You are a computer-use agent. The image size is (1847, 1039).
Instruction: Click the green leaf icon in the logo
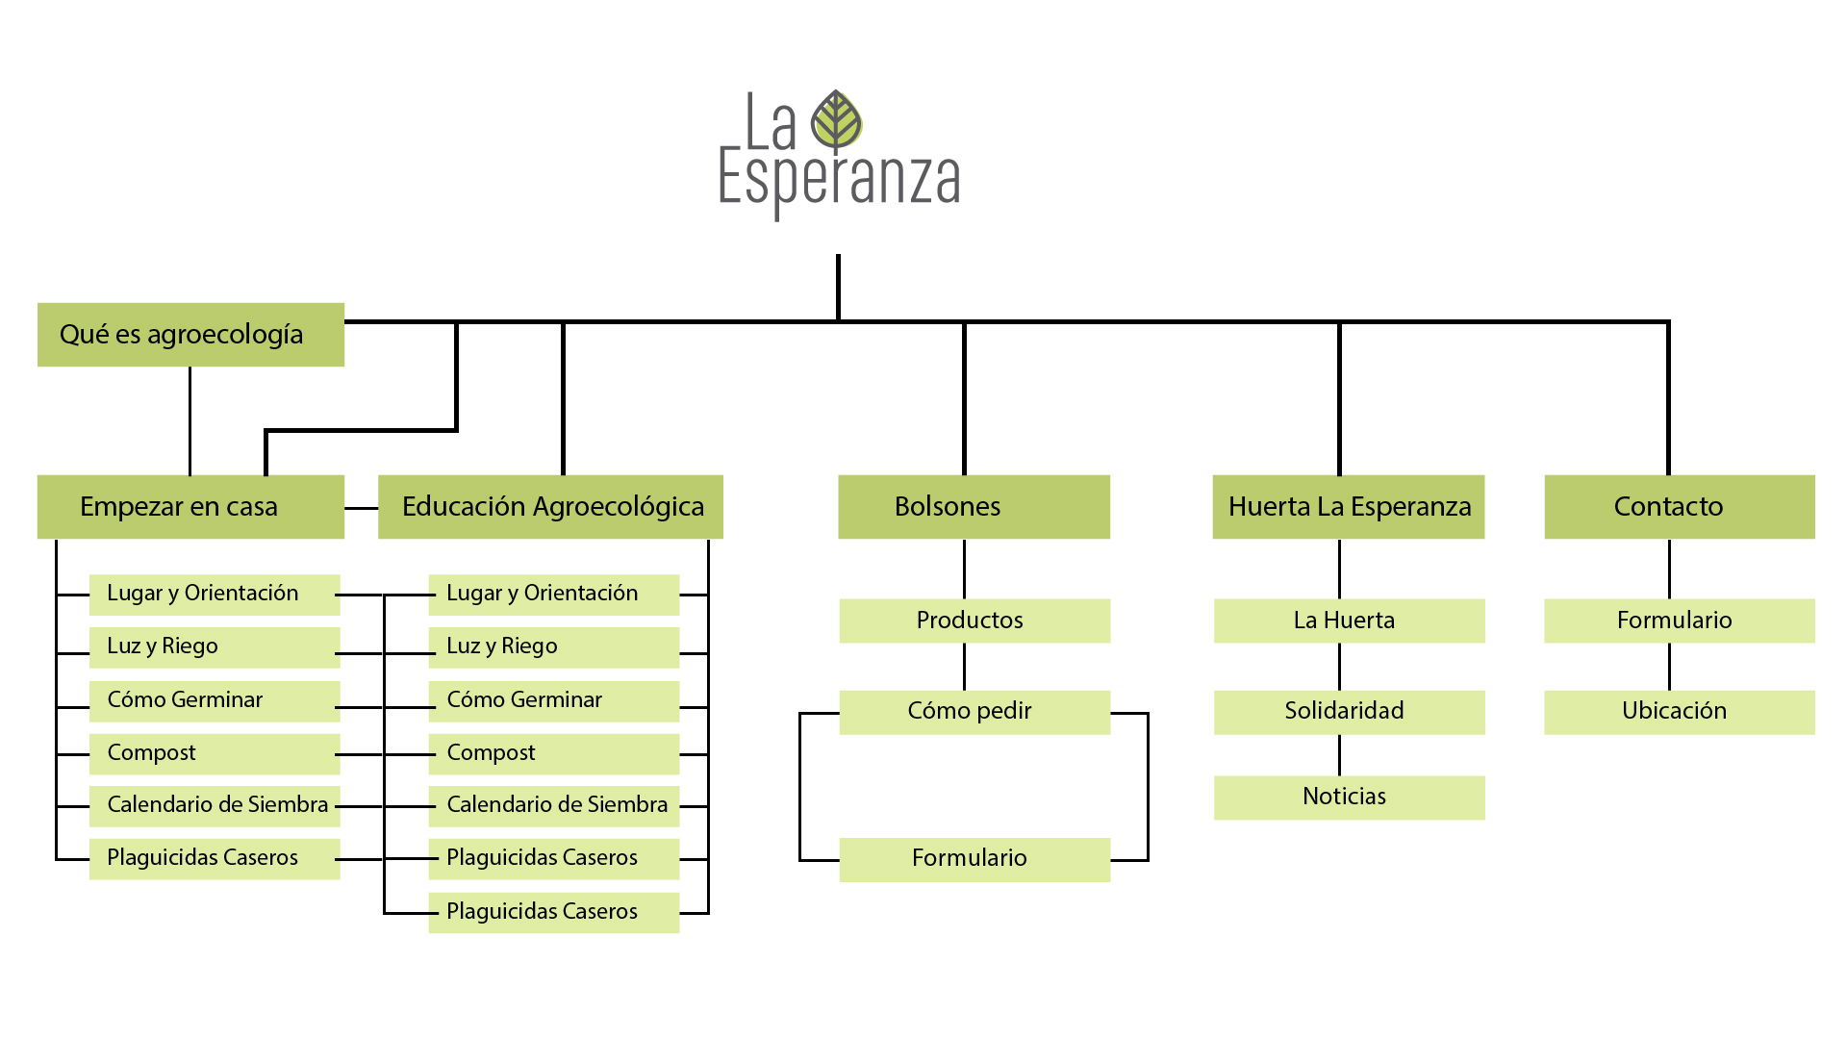coord(836,120)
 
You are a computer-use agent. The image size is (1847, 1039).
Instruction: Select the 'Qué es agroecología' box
coord(190,335)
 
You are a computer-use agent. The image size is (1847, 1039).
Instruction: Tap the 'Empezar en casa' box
coord(190,507)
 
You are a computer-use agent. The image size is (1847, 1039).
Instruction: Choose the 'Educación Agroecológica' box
coord(550,507)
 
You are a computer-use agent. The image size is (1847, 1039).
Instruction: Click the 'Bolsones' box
coord(974,507)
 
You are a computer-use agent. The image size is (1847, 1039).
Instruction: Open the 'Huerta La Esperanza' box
coord(1348,507)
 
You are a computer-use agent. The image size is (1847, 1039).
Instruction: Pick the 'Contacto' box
coord(1679,507)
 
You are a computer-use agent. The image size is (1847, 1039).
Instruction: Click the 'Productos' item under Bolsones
coord(974,621)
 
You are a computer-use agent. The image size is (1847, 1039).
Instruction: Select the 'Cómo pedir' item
coord(974,712)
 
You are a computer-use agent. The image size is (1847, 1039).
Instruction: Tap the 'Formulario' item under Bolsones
coord(974,859)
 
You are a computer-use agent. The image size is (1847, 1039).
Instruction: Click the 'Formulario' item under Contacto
coord(1679,621)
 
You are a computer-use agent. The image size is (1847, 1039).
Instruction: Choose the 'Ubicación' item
coord(1679,712)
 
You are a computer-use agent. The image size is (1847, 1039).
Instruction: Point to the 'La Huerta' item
coord(1348,621)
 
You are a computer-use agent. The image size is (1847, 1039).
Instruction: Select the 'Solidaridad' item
coord(1348,712)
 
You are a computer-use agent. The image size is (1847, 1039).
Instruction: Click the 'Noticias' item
coord(1348,798)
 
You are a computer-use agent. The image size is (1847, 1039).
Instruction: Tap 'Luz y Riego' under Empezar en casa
coord(214,647)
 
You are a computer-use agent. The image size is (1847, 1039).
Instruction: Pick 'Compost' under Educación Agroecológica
coord(553,753)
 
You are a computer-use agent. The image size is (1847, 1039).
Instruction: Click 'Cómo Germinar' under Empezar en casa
coord(214,700)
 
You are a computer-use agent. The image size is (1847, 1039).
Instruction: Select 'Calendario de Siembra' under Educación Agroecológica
coord(553,805)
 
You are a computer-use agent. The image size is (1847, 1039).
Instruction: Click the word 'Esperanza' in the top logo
coord(839,180)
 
